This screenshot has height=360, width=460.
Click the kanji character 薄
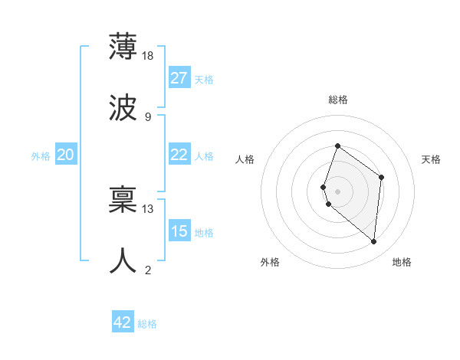123,46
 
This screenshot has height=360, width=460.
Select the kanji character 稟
123,199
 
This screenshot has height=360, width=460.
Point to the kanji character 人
123,261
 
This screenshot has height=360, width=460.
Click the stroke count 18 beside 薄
149,55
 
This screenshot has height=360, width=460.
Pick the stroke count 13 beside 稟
148,208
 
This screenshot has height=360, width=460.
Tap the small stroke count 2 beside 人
147,270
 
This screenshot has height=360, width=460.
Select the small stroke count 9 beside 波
147,116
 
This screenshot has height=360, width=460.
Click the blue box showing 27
179,78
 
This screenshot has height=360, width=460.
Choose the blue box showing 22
179,155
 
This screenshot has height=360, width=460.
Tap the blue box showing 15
179,231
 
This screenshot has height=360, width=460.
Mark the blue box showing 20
66,155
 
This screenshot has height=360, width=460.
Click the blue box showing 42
123,322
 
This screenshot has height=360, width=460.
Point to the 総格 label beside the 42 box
147,324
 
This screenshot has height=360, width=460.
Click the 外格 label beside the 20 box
41,156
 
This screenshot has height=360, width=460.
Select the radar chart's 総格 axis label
337,100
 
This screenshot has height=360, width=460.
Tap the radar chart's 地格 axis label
402,262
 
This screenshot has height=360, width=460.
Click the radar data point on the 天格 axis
381,178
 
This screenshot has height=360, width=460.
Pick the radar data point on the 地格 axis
373,241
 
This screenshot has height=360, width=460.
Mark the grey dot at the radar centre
337,191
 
